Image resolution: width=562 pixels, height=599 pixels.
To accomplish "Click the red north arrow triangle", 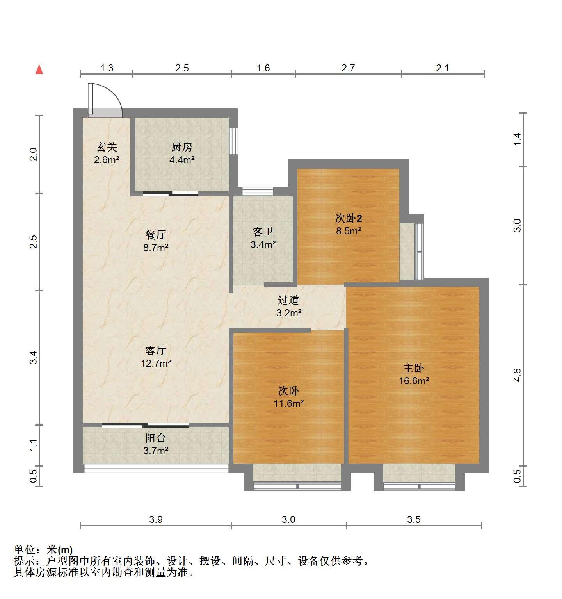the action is point(39,70).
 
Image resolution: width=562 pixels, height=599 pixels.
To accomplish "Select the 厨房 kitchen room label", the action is point(182,147).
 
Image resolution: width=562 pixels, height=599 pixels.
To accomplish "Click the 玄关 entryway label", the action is point(107,147).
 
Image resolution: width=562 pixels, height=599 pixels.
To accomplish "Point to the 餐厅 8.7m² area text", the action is point(156,247).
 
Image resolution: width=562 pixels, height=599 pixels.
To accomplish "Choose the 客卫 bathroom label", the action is point(263,232).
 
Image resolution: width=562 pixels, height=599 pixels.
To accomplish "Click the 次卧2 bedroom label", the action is point(349,218).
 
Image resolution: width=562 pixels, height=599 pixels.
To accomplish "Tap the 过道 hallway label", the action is point(288,300).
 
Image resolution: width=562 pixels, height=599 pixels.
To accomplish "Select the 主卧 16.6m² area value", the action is point(414,381).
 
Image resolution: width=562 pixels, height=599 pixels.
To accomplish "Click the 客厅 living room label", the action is point(156,350).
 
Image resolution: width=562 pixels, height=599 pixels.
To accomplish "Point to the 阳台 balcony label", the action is point(156,438).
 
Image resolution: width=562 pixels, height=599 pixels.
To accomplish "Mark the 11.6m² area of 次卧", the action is point(288,403).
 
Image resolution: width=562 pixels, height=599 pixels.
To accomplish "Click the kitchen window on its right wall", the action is point(233,141).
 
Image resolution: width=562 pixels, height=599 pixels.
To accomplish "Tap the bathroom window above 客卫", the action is point(258,191).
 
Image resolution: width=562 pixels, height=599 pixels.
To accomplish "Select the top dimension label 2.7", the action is point(348,68).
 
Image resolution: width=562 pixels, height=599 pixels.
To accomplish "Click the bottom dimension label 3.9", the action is point(156,519).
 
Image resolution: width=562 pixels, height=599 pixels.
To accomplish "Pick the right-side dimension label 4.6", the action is point(517,375).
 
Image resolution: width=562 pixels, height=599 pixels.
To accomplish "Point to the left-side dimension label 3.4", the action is point(34,357).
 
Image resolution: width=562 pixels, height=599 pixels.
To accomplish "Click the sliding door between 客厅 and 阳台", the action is point(145,425).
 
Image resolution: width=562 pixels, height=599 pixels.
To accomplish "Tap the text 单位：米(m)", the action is point(43,550).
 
